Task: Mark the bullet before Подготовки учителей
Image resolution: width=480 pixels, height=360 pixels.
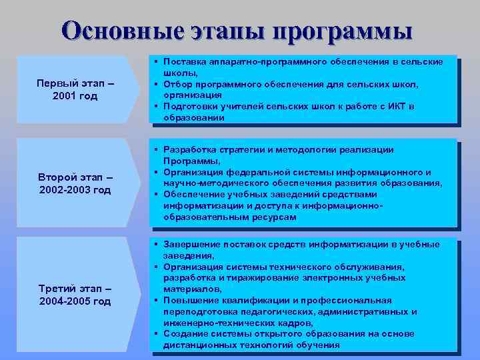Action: point(155,107)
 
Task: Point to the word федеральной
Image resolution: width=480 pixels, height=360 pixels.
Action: point(247,172)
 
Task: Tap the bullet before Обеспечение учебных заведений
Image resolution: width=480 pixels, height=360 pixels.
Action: point(155,195)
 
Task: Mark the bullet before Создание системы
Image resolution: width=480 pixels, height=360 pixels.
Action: point(155,334)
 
